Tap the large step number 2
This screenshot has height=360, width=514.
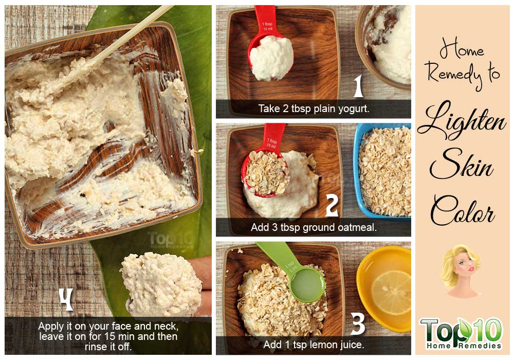(332, 205)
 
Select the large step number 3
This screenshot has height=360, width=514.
(358, 323)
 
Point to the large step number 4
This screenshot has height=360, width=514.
(66, 299)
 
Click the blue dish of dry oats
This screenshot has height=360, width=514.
(382, 171)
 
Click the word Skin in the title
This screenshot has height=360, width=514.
(462, 164)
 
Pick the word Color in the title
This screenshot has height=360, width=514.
(462, 210)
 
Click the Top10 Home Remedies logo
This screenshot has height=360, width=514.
(461, 333)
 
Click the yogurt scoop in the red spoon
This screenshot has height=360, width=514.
(271, 58)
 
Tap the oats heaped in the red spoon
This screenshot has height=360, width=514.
(266, 173)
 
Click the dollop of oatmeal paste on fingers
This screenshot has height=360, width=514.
(161, 284)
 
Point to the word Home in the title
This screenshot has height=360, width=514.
(462, 50)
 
